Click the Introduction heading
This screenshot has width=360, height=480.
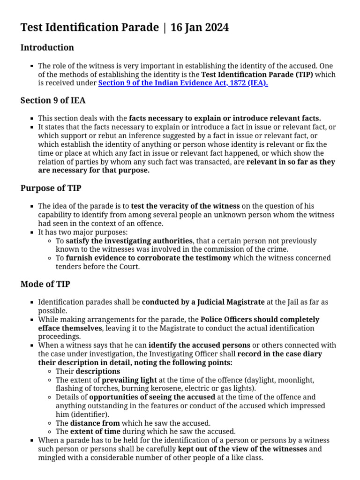point(47,48)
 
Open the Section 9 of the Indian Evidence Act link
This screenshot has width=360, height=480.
point(183,83)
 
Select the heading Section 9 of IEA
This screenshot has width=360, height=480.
point(53,100)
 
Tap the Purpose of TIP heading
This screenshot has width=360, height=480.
point(51,188)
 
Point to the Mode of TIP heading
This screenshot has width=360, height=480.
point(45,284)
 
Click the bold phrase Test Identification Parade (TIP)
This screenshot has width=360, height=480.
point(257,75)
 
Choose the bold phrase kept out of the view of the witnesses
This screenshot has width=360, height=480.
point(242,449)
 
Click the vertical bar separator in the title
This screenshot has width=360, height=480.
point(164,28)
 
